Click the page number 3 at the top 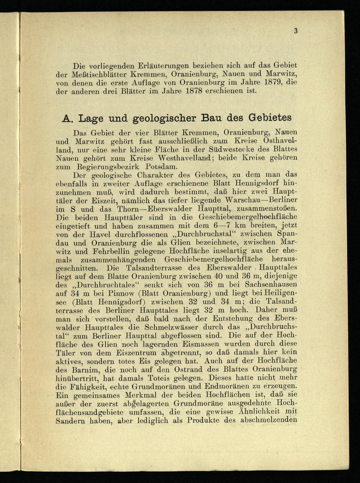coord(296,31)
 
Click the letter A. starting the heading coord(67,118)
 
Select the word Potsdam coord(162,167)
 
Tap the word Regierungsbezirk coord(108,167)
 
